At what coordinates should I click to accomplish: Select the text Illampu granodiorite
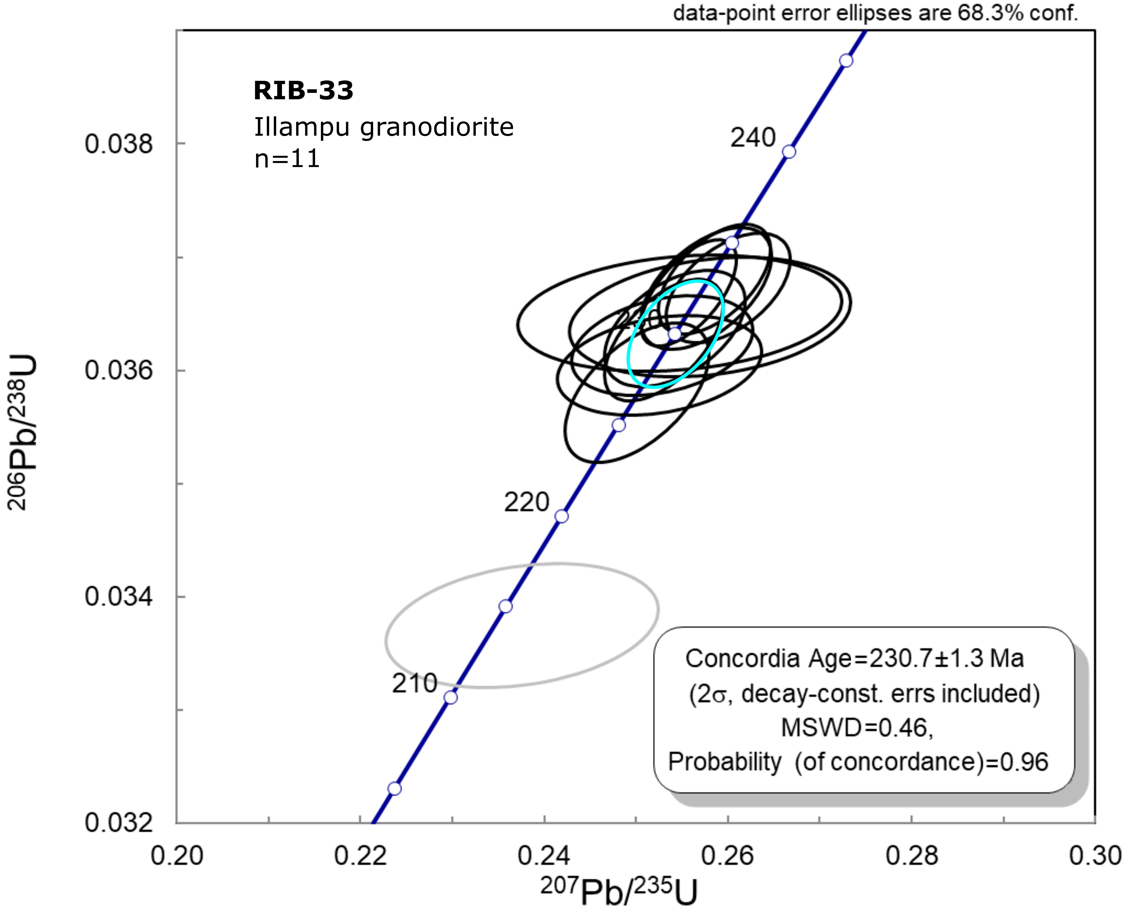tap(384, 127)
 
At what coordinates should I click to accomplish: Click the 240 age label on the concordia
tap(752, 138)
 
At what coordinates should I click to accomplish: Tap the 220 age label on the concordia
tap(526, 502)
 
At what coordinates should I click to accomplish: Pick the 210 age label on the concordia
tap(414, 683)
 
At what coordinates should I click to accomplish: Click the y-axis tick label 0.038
tap(119, 144)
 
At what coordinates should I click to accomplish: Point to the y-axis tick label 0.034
tap(119, 597)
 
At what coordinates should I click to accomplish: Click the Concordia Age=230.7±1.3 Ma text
tap(854, 658)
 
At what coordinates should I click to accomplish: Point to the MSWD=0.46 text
tap(857, 728)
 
